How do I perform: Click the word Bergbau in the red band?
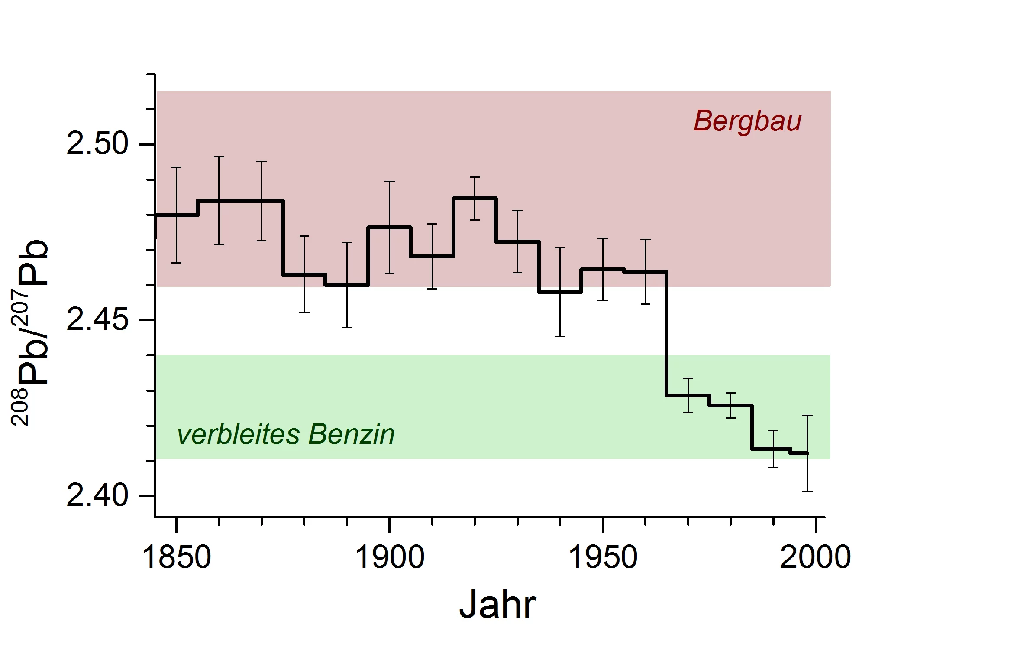coord(747,121)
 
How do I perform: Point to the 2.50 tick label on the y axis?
coord(98,144)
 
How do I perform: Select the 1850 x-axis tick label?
coord(176,557)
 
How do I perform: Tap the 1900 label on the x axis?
coord(389,557)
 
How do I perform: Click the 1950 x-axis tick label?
coord(602,557)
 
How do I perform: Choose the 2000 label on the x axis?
coord(815,557)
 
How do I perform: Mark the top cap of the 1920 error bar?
coord(475,177)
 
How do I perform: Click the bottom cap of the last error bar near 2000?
coord(807,491)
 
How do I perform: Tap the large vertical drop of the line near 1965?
coord(666,334)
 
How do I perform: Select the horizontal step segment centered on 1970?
coord(688,395)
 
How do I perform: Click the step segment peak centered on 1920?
coord(475,198)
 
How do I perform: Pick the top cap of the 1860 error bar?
coord(219,156)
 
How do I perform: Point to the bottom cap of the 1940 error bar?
coord(560,336)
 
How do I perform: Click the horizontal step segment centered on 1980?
coord(731,405)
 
